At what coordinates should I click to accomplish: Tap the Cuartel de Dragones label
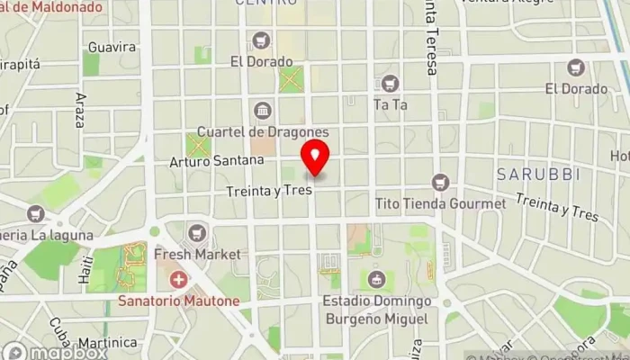pos(262,131)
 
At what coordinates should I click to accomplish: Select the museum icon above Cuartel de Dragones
pos(262,111)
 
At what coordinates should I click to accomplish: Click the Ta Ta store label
pos(391,104)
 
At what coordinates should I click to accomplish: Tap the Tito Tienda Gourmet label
pos(440,203)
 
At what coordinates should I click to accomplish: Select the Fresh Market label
pos(197,255)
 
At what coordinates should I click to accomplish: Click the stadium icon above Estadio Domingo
pos(377,280)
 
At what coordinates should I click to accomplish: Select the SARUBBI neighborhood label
pos(538,173)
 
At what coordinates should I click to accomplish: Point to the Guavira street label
pos(112,47)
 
